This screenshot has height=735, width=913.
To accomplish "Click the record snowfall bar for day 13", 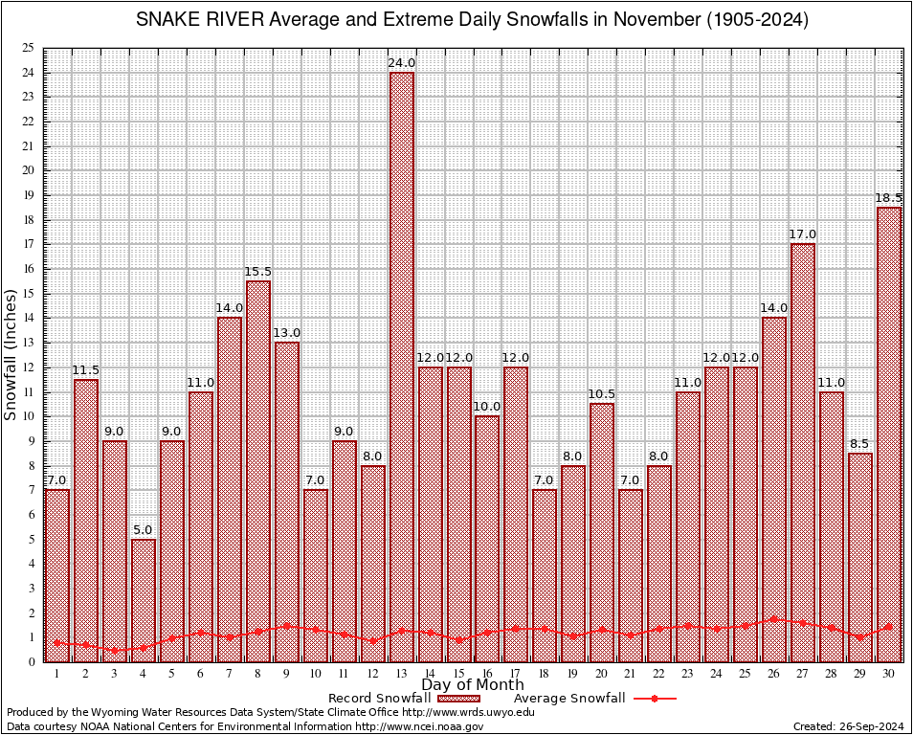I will click(x=401, y=364).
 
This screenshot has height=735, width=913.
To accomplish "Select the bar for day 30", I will click(x=889, y=431).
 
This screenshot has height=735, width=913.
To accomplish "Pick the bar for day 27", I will click(x=803, y=450).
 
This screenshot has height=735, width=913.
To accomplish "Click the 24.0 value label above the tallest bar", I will click(x=401, y=63).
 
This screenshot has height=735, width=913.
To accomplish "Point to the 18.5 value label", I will click(x=889, y=198).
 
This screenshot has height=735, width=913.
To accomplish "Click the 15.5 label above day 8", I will click(x=258, y=272).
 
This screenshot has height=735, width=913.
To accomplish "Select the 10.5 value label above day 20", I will click(x=602, y=394).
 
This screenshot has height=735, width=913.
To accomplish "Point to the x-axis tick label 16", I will click(x=487, y=674).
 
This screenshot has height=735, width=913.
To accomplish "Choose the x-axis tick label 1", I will click(x=57, y=674).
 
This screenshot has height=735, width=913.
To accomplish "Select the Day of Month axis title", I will click(x=473, y=685).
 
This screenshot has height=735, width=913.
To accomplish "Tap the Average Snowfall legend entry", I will click(x=568, y=699).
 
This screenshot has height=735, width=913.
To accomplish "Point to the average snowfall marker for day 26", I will click(x=774, y=619).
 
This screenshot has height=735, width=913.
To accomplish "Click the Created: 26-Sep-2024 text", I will click(x=849, y=727).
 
